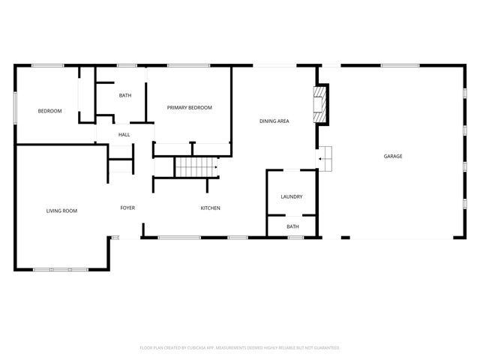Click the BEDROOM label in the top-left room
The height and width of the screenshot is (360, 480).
coord(49,111)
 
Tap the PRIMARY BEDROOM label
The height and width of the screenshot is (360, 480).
coord(189,108)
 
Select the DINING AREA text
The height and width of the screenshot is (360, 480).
coord(274,121)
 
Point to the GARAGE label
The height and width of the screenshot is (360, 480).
coord(393,156)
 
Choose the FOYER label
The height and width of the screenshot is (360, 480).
coord(127,208)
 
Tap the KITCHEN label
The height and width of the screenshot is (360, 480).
coord(210,208)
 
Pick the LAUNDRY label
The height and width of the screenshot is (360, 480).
coord(292,197)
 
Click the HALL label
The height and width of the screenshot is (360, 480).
coord(124,135)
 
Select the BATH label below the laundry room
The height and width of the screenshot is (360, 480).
coord(292,226)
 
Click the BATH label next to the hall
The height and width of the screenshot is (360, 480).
coord(126,95)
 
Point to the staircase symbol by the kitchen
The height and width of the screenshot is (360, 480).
coord(196,167)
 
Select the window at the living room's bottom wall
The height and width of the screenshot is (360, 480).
coord(60,269)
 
